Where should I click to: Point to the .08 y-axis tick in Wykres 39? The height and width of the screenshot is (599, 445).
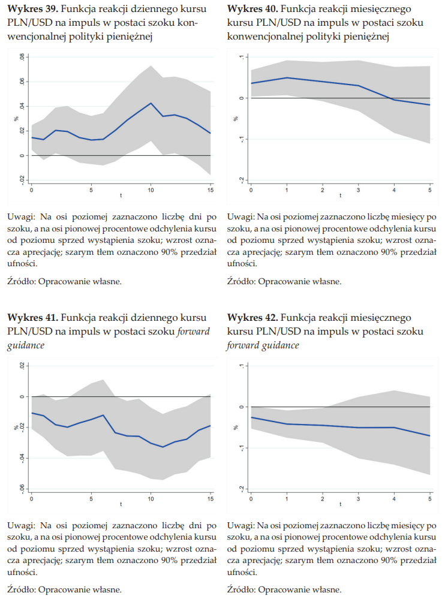coord(22,58)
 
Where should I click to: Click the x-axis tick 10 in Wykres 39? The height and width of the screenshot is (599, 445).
coord(151,191)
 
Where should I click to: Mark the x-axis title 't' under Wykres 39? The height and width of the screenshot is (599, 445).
coord(121,196)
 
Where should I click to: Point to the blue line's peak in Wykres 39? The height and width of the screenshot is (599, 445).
coord(151,103)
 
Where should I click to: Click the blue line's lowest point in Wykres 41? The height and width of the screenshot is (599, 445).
coord(163,447)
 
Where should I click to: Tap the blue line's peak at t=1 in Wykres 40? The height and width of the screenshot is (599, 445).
coord(287,77)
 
